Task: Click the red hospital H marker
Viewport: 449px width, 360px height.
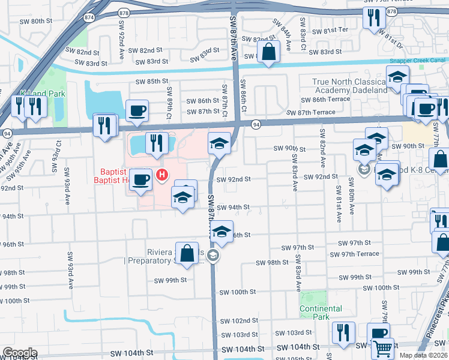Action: click(x=161, y=175)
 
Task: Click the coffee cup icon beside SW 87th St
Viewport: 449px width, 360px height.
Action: click(x=137, y=110)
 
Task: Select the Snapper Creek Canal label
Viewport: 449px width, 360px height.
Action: click(x=417, y=61)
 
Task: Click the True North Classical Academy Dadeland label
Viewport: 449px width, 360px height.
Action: click(x=348, y=86)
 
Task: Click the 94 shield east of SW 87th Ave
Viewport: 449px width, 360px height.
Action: click(x=256, y=125)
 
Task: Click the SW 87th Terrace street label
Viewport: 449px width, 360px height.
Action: click(x=311, y=112)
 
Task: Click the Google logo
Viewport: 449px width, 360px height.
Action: click(x=20, y=353)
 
